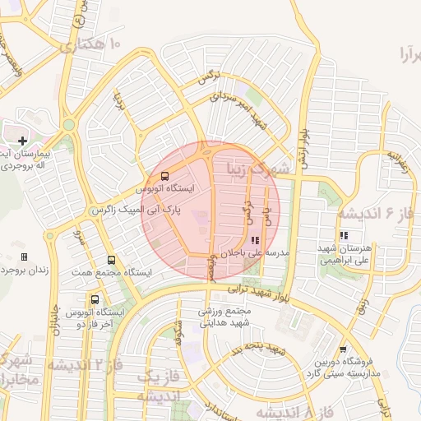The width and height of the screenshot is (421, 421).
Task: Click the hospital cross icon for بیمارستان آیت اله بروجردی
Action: click(23, 141)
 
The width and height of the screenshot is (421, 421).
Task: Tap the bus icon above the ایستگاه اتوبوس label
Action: click(164, 176)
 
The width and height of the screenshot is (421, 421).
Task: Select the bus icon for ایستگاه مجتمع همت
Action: click(112, 260)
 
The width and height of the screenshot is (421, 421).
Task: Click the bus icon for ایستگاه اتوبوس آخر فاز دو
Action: click(95, 300)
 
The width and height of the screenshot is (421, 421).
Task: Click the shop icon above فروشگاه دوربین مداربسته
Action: click(343, 349)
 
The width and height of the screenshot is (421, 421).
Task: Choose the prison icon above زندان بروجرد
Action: click(23, 257)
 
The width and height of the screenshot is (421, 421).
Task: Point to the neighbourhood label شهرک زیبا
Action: click(260, 169)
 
